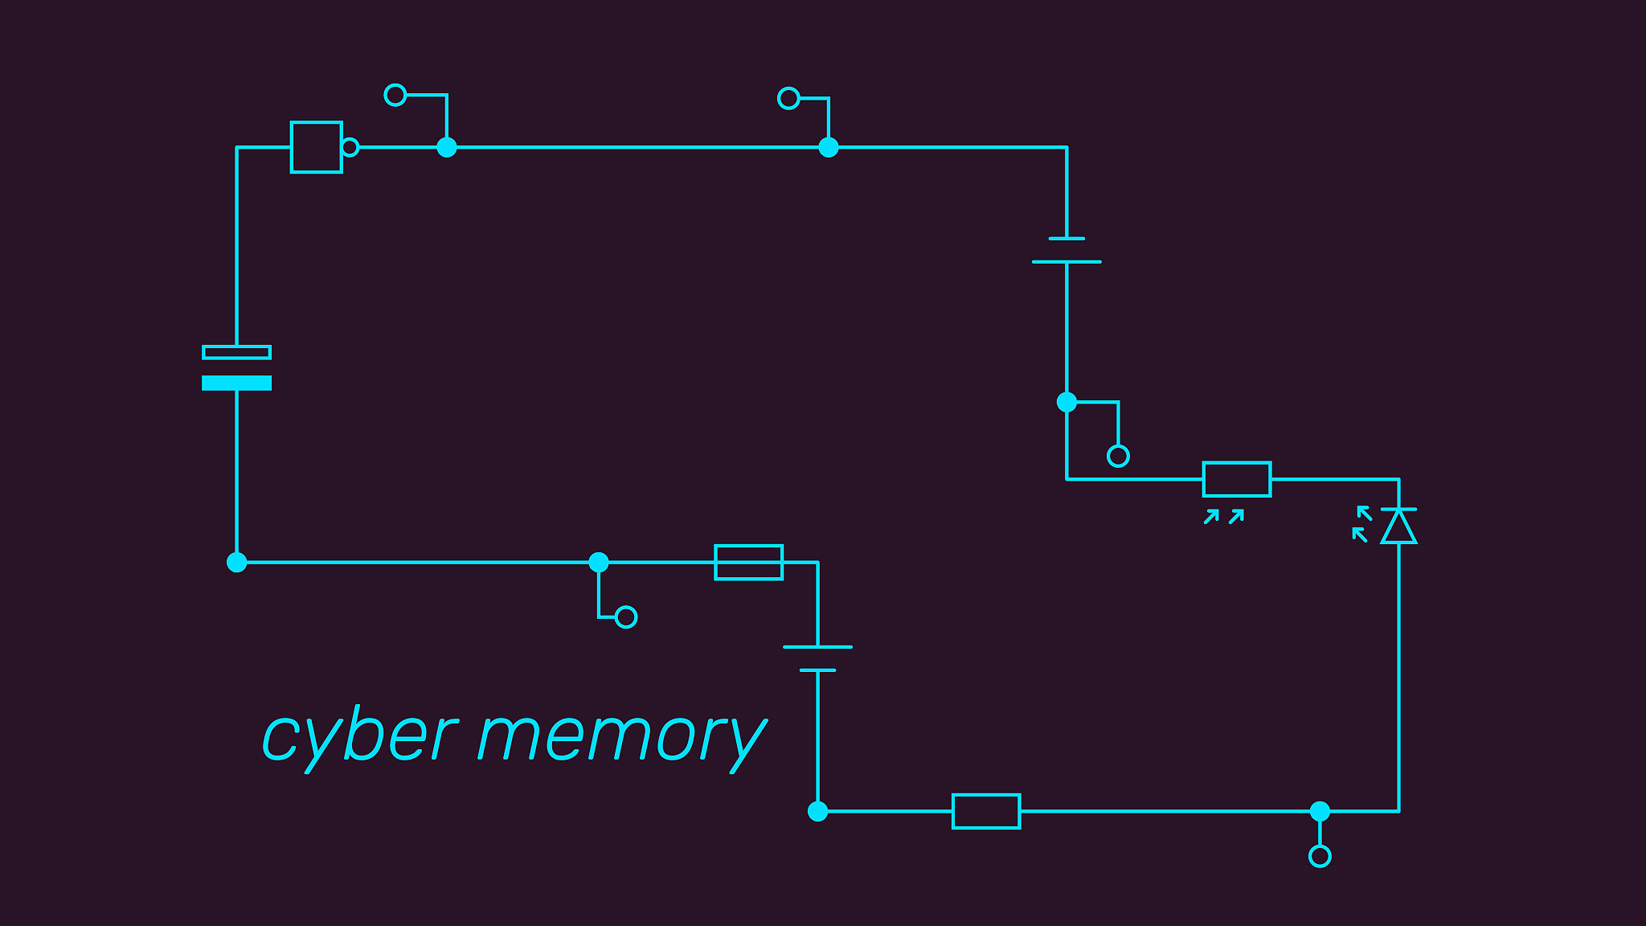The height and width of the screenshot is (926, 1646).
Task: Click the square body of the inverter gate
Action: [x=316, y=147]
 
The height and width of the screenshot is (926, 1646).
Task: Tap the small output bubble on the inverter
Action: [x=350, y=147]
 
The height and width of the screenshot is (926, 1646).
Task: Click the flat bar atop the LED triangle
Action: [x=1398, y=509]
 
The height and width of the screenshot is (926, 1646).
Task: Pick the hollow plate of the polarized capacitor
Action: [x=236, y=352]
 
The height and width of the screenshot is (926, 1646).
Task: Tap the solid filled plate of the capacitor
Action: [x=236, y=383]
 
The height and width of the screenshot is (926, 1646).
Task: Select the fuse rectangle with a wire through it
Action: [x=748, y=562]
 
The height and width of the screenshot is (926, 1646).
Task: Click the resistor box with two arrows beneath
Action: [x=1236, y=479]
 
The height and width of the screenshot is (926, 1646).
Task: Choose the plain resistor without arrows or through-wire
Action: [x=986, y=811]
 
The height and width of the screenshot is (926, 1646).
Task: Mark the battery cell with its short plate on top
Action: [x=1067, y=250]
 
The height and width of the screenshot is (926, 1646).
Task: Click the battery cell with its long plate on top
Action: [x=817, y=658]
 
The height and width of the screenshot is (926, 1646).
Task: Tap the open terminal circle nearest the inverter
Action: [x=395, y=95]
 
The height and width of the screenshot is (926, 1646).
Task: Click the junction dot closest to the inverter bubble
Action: [x=447, y=147]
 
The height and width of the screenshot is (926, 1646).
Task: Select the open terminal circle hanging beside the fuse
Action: [x=626, y=617]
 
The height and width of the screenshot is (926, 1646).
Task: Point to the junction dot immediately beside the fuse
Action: [x=599, y=562]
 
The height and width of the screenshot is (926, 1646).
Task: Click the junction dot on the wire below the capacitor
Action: [x=236, y=562]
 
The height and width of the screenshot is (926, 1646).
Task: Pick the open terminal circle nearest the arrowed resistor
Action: [x=1118, y=456]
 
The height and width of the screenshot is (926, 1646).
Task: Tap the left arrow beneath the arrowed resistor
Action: [x=1211, y=517]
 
